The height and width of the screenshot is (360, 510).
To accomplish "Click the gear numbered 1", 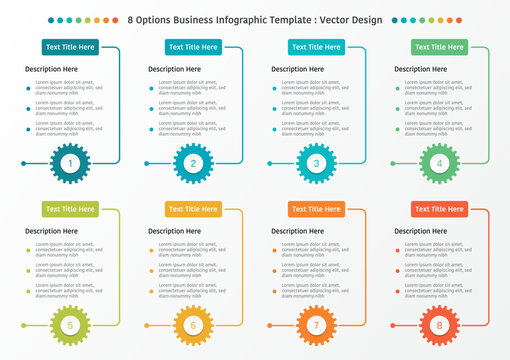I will click(70, 163).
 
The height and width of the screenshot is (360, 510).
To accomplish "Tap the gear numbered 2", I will click(193, 163).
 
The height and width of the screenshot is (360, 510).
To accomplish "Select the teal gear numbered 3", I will click(316, 163).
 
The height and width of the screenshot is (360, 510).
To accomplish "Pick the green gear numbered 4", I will click(439, 163).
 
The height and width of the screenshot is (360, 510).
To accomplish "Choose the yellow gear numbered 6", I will click(193, 325).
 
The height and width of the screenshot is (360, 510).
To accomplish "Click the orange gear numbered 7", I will click(316, 325).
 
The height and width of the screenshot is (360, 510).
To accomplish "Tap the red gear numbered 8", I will click(439, 325).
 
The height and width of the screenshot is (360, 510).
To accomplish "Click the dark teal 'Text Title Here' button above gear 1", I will click(70, 47).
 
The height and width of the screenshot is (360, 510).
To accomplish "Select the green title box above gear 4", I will click(439, 47).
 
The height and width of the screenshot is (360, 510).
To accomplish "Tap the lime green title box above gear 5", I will click(70, 209).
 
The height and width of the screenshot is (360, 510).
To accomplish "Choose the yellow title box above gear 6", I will click(193, 209).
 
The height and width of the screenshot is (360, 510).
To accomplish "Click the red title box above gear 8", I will click(439, 209).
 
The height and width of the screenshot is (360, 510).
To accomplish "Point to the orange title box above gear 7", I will click(316, 209).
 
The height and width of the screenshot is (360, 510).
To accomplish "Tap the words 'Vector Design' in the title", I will click(352, 19).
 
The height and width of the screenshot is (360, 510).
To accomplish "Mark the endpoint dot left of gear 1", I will click(23, 163).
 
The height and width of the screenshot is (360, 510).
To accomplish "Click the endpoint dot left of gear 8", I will click(393, 325).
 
